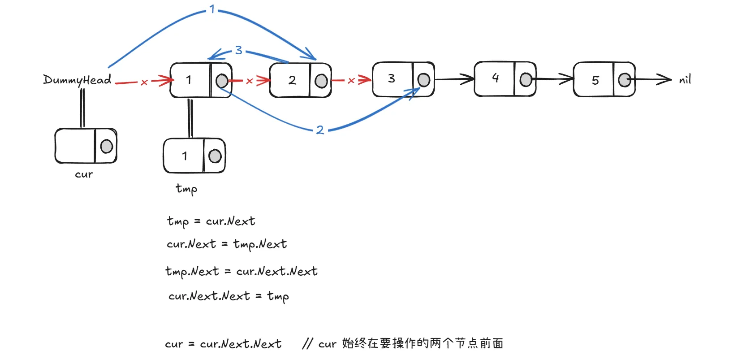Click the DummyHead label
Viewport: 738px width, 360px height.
coord(77,80)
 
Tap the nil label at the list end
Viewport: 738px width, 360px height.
coord(685,80)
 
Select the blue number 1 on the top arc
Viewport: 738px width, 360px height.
coord(212,9)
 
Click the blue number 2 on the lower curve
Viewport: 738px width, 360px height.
coord(320,130)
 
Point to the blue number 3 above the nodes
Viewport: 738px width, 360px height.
coord(238,50)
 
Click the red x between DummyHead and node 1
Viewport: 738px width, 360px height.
coord(144,82)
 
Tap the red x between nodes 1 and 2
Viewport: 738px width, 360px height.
coord(250,81)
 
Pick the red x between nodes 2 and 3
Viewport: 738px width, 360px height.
coord(351,81)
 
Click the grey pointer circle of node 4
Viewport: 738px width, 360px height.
coord(526,80)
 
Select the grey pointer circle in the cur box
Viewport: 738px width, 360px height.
coord(107,146)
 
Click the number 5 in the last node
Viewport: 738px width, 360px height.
coord(596,80)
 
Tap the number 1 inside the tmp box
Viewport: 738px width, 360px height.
coord(185,156)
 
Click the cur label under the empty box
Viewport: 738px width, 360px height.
coord(84,174)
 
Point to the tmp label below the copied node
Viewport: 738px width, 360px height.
coord(186,189)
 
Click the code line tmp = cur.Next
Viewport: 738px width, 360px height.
coord(211,221)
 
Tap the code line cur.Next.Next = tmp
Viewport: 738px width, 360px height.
coord(229,296)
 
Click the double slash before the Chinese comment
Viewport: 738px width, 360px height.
coord(307,344)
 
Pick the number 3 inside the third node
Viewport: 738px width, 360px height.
coord(392,78)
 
